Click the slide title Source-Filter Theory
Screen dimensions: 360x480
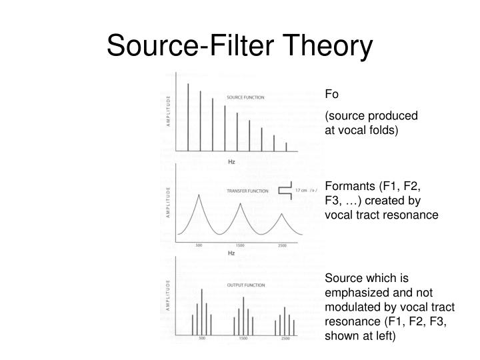239,46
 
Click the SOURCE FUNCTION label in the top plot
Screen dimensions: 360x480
245,97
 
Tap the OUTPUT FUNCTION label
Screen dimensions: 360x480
246,285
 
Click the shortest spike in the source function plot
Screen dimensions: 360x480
286,146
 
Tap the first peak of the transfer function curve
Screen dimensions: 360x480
198,196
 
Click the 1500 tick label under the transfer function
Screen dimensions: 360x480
240,246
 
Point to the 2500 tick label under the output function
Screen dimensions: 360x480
285,339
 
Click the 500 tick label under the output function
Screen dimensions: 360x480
202,339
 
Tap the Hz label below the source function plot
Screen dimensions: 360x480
231,161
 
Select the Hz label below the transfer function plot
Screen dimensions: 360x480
231,254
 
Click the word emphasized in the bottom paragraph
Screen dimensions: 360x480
353,293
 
